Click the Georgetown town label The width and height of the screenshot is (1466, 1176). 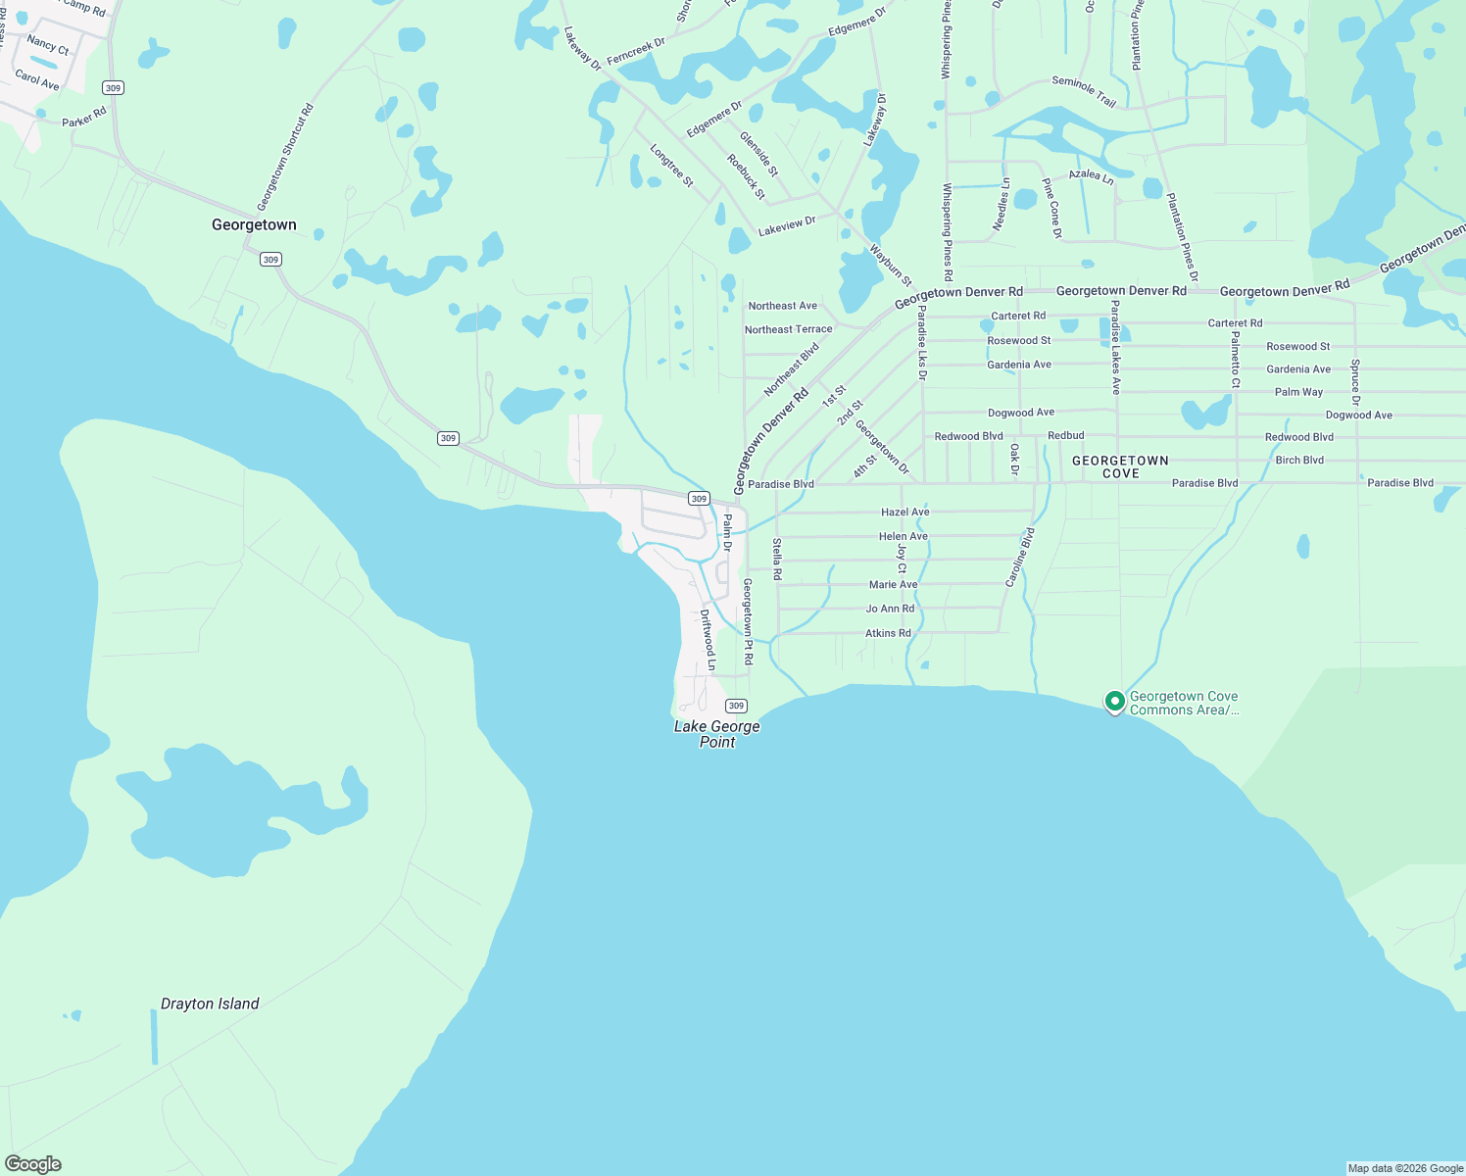254,225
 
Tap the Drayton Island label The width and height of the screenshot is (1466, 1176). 210,1004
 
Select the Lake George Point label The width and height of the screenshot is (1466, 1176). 716,734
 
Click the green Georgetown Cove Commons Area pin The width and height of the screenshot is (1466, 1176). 1114,702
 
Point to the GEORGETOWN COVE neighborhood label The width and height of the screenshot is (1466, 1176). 1120,466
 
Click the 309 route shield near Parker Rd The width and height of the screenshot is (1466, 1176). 113,88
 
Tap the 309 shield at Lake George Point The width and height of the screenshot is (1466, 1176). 737,706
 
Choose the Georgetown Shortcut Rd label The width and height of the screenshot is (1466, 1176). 284,158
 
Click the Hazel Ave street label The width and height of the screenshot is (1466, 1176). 904,513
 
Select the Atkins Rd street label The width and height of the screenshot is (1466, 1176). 888,633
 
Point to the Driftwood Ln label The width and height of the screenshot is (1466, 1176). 708,640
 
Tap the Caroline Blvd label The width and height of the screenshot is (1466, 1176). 1020,557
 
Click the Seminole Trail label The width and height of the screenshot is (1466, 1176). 1084,90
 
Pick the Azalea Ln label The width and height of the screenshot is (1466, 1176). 1091,176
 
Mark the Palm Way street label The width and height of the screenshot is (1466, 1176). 1298,392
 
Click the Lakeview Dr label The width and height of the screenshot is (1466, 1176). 787,226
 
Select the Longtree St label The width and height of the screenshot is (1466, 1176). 671,166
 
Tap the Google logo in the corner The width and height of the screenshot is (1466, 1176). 32,1164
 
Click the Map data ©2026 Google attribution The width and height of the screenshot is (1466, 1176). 1405,1168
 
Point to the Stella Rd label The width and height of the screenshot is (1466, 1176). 777,560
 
